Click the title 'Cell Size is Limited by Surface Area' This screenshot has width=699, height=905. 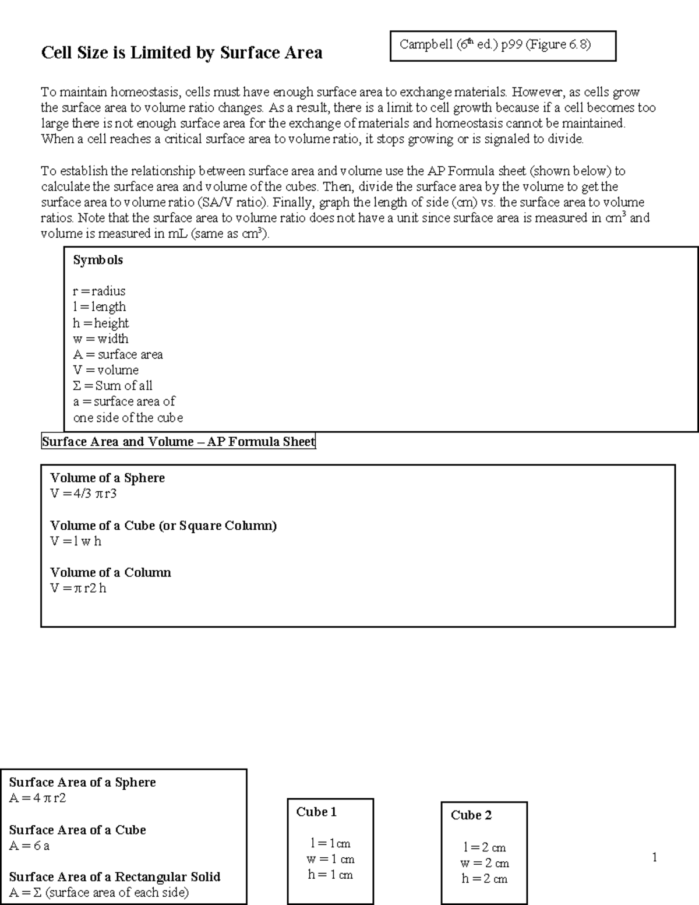181,53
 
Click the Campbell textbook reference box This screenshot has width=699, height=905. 503,45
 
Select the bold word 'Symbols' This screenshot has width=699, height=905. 98,260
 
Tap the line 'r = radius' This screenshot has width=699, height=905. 99,291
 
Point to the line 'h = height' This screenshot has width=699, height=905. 101,323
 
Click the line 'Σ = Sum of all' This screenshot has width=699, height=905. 112,386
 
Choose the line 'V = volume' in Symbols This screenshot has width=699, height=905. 105,370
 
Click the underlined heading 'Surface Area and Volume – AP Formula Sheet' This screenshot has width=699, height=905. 178,442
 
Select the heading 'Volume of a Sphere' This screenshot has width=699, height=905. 108,478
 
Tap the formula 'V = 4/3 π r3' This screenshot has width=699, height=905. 84,494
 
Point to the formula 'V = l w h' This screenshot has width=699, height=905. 76,541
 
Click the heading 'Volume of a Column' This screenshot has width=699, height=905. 111,572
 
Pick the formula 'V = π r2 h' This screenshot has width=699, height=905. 78,588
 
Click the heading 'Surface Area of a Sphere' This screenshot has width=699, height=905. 83,782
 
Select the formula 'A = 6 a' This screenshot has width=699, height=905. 29,846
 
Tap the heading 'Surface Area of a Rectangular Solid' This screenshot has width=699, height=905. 115,876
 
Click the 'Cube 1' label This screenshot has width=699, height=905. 316,812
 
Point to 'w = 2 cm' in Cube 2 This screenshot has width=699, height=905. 485,863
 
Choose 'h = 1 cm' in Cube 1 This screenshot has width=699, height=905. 330,875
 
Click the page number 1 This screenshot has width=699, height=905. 655,857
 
